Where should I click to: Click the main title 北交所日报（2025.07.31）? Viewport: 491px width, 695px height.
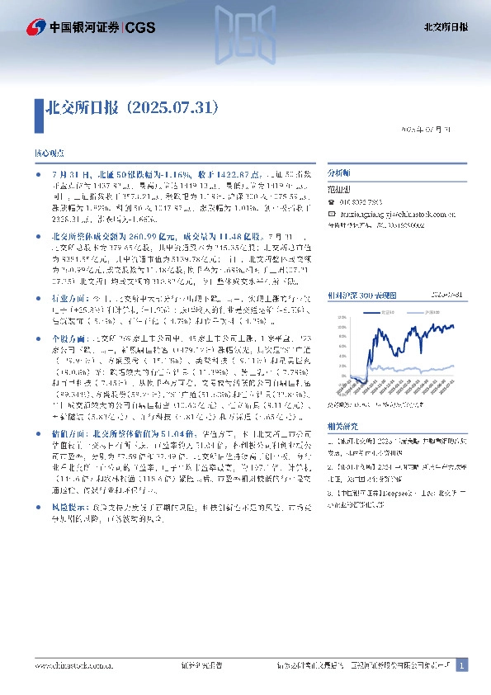[x=132, y=108]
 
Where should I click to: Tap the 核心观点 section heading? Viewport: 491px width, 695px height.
[x=47, y=154]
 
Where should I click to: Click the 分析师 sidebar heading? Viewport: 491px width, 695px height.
[x=338, y=174]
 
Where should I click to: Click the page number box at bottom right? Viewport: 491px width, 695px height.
[x=463, y=664]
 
